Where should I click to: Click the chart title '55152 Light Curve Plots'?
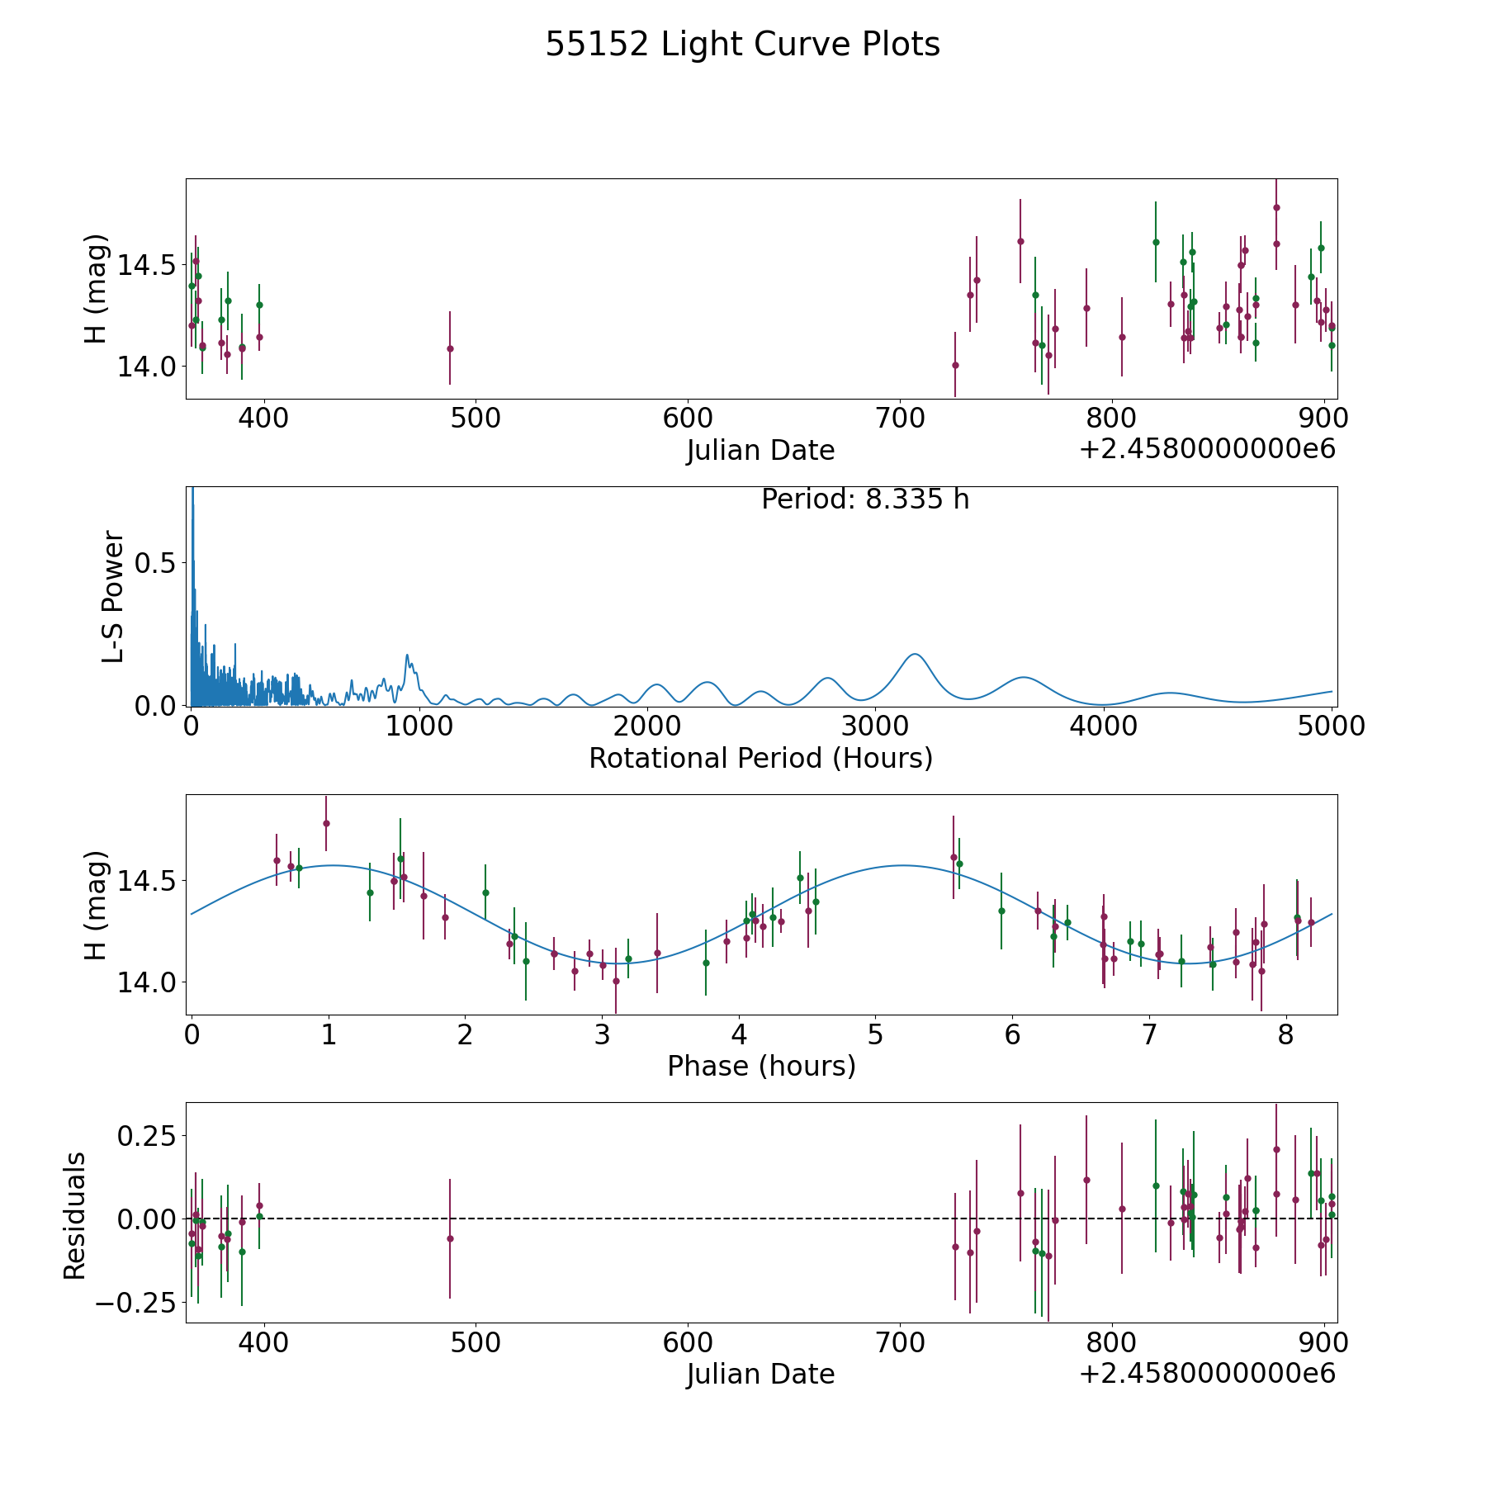click(742, 45)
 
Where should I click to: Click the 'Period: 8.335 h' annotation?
click(865, 499)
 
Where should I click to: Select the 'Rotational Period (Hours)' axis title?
click(760, 758)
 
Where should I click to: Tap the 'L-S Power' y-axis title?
click(113, 596)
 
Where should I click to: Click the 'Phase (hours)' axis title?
click(761, 1066)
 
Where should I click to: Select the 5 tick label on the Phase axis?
click(875, 1034)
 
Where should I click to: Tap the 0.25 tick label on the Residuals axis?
click(146, 1136)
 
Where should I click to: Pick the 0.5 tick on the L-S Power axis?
click(155, 563)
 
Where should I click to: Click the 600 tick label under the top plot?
click(688, 419)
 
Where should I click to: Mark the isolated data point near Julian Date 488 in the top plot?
click(450, 348)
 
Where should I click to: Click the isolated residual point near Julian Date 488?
click(450, 1238)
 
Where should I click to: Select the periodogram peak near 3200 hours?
click(915, 654)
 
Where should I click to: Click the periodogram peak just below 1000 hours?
click(407, 655)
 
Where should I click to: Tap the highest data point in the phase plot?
click(326, 823)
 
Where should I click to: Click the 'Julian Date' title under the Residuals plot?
click(760, 1374)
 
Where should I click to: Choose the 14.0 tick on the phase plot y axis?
click(146, 982)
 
